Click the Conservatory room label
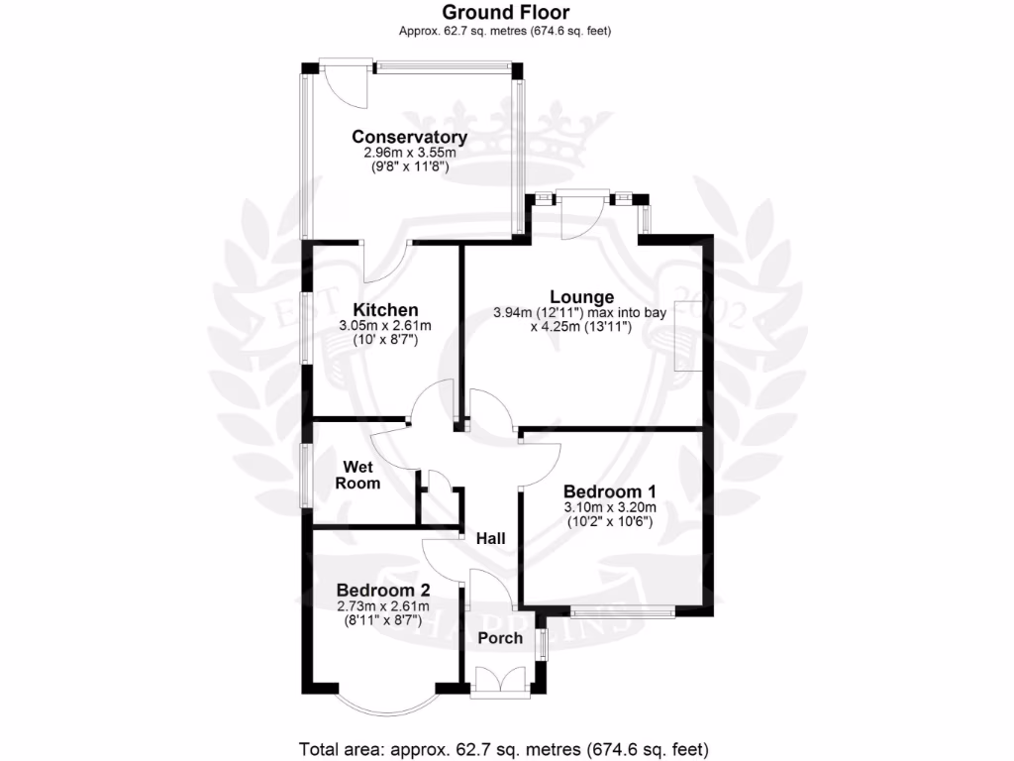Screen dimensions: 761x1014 409,137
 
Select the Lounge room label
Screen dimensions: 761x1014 582,296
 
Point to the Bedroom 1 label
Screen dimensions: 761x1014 611,491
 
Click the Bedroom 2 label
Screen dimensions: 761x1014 381,590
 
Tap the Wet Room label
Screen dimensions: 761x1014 357,475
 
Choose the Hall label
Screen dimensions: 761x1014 490,538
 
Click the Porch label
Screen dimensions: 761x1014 500,637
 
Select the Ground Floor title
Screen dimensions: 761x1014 505,12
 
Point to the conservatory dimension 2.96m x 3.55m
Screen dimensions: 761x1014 409,154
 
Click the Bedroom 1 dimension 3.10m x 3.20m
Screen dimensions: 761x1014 611,507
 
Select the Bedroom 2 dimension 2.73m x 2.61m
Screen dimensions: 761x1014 381,605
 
